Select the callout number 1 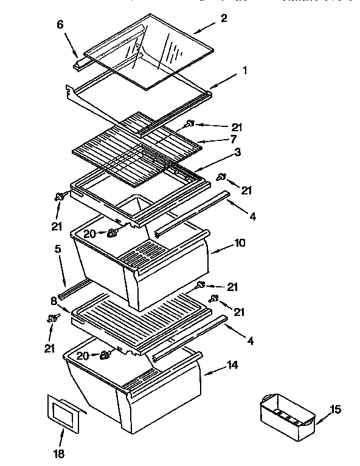(244, 70)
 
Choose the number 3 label (237, 152)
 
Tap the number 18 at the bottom (60, 453)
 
